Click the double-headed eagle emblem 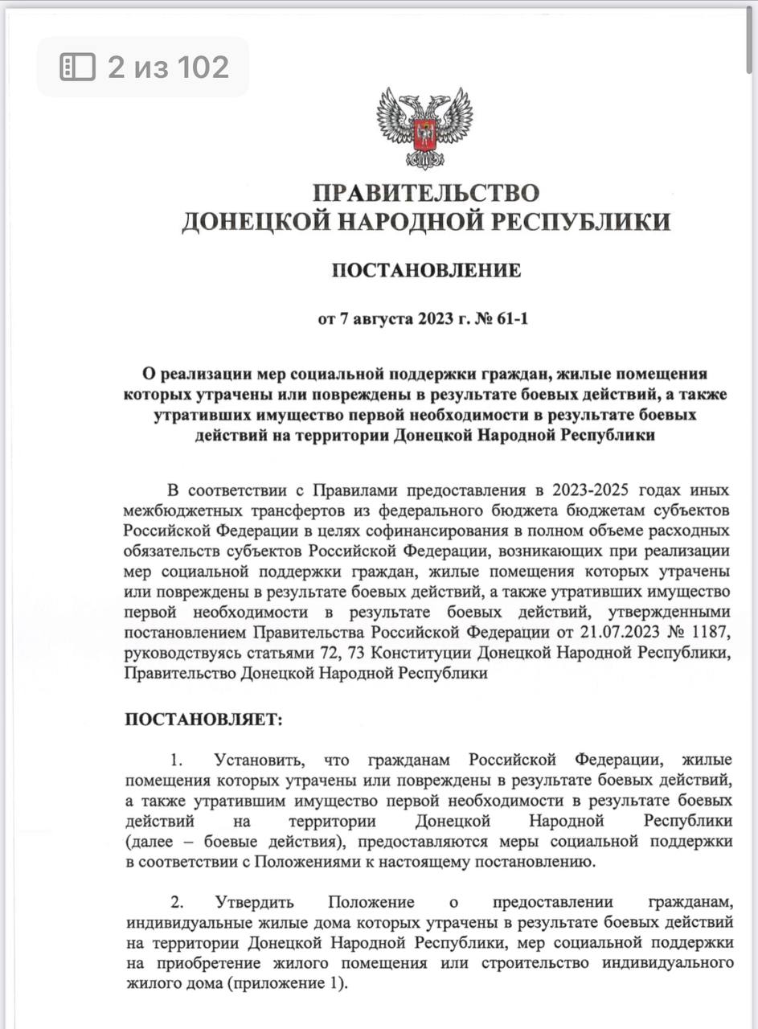coord(425,128)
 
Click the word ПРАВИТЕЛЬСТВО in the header coord(425,193)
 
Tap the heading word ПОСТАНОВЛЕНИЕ coord(426,270)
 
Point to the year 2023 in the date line coord(436,319)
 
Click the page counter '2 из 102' coord(168,67)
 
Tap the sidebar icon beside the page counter coord(78,67)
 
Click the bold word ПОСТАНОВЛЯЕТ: coord(203,719)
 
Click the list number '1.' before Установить coord(176,760)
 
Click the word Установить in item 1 coord(257,760)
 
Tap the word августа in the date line coord(379,319)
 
